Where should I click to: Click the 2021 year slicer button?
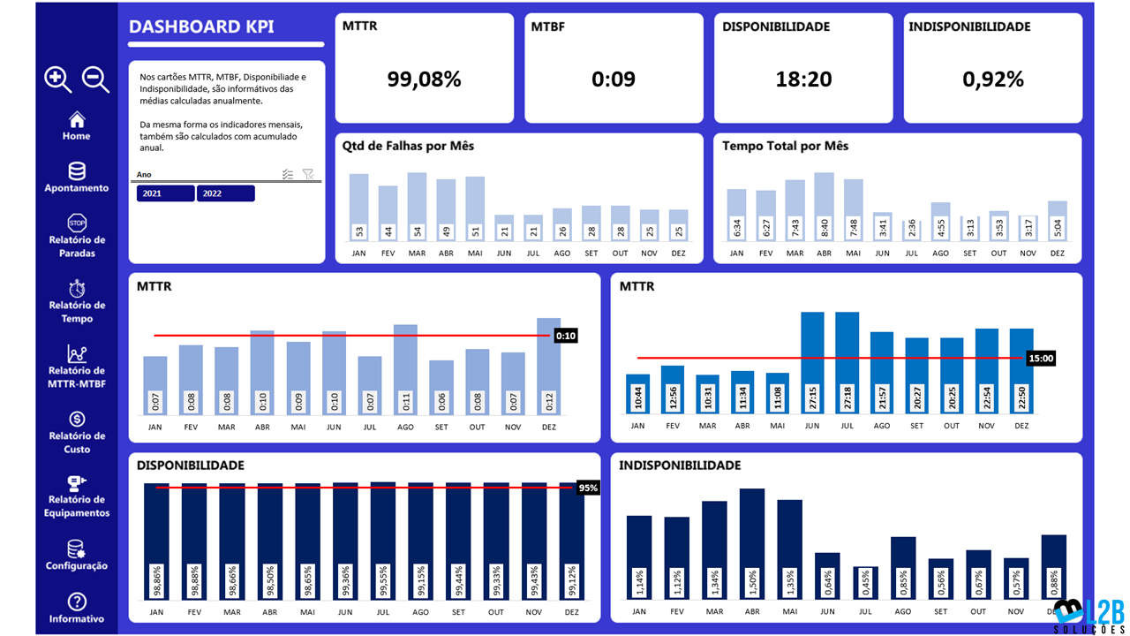pyautogui.click(x=165, y=193)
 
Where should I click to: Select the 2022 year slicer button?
pyautogui.click(x=225, y=193)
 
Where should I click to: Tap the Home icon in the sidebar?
pyautogui.click(x=77, y=119)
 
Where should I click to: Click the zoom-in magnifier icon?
pyautogui.click(x=58, y=79)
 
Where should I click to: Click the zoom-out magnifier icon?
pyautogui.click(x=95, y=79)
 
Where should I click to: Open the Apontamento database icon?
pyautogui.click(x=77, y=171)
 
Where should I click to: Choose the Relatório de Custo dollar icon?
pyautogui.click(x=77, y=419)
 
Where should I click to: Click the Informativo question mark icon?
pyautogui.click(x=77, y=602)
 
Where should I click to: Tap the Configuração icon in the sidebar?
pyautogui.click(x=77, y=549)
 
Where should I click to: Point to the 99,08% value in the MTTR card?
pyautogui.click(x=424, y=79)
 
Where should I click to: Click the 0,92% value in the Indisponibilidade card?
pyautogui.click(x=993, y=79)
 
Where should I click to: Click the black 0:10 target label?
pyautogui.click(x=566, y=336)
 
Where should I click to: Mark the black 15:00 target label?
pyautogui.click(x=1041, y=359)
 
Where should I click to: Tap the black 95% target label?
pyautogui.click(x=588, y=488)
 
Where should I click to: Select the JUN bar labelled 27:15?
pyautogui.click(x=812, y=362)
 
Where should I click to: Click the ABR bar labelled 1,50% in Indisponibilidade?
pyautogui.click(x=751, y=543)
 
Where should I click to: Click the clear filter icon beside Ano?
pyautogui.click(x=308, y=175)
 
